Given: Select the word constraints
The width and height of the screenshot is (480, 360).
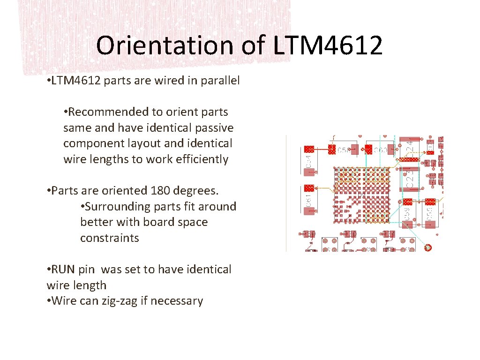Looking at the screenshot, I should pos(110,238).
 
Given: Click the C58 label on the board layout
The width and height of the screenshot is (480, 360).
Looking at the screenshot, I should pos(344,150).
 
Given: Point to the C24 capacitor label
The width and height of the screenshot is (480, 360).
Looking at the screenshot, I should pos(409,146).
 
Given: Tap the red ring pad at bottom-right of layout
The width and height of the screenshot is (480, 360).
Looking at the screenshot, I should pos(427,247).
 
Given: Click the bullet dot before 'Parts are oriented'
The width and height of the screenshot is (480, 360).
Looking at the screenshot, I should pos(49,191).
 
